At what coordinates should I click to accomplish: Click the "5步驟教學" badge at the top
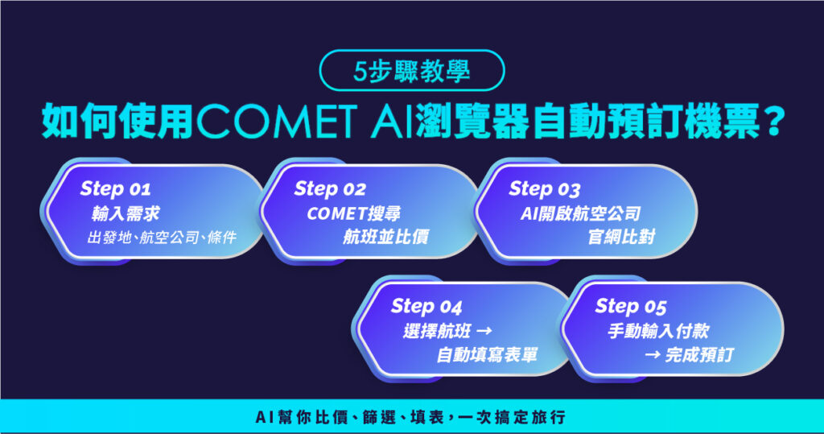[x=412, y=70]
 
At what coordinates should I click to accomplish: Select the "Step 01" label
[x=115, y=189]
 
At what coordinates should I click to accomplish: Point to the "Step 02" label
[x=330, y=189]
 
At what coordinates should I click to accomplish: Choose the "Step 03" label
[x=544, y=189]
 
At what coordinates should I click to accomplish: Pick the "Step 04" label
[x=426, y=307]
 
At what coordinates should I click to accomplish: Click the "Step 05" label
[x=631, y=307]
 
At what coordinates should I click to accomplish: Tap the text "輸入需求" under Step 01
[x=119, y=214]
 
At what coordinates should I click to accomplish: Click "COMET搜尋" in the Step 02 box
[x=354, y=214]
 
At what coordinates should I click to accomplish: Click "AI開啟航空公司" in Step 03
[x=580, y=214]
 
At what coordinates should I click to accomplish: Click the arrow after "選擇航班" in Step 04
[x=484, y=332]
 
